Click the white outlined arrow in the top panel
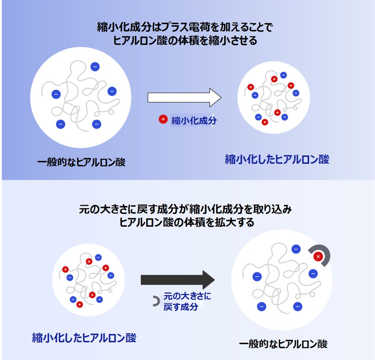pos(184,97)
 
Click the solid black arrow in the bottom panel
pos(178,280)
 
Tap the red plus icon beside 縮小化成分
pos(163,119)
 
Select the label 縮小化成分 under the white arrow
pos(194,121)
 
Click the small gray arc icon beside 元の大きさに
pos(156,301)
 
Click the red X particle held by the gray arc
pos(318,257)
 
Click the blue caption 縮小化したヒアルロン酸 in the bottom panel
pos(84,338)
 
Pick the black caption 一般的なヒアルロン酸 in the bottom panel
pos(283,344)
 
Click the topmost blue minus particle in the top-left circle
pos(94,67)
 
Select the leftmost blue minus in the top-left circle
pos(56,94)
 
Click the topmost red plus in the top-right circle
pos(274,79)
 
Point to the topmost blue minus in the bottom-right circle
pos(296,249)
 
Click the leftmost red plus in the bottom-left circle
pos(65,269)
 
